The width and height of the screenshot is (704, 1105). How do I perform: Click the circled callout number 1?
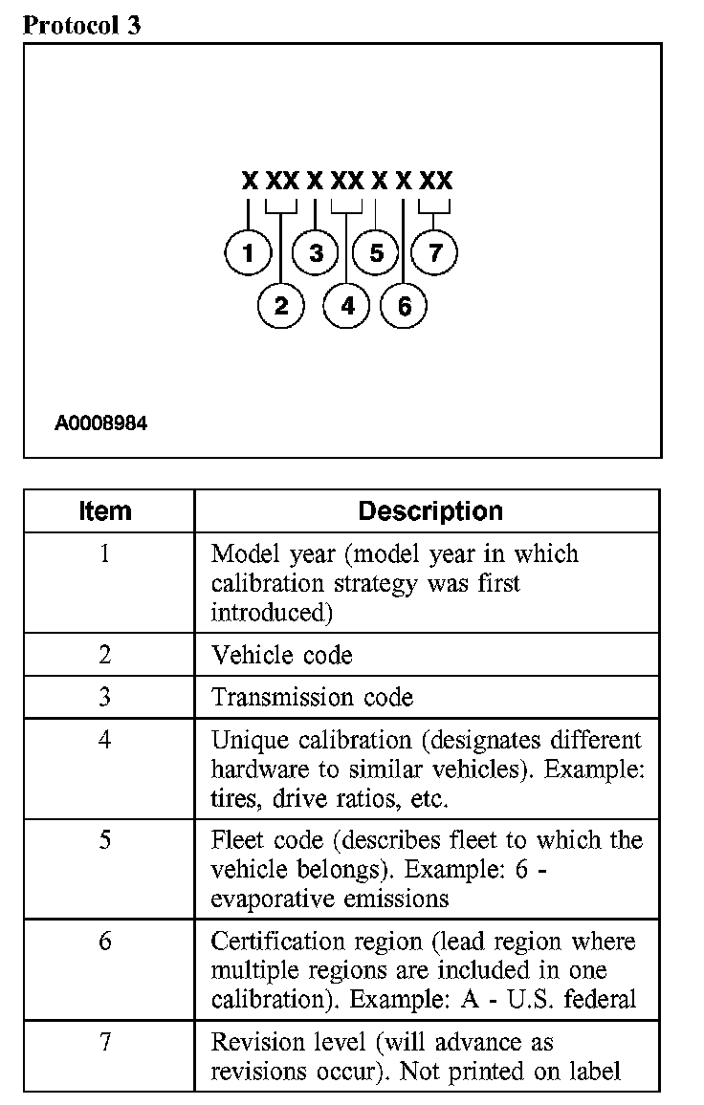click(x=249, y=253)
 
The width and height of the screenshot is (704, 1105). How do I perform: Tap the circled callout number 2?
click(x=281, y=306)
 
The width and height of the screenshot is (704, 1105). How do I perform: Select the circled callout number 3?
click(x=317, y=253)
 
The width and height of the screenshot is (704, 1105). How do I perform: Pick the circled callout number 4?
click(x=347, y=306)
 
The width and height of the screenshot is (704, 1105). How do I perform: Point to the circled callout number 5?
click(x=376, y=253)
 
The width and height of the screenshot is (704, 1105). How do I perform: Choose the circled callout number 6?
click(x=404, y=306)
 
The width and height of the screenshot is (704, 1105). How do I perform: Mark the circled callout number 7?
click(x=435, y=253)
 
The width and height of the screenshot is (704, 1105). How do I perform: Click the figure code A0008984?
click(x=100, y=422)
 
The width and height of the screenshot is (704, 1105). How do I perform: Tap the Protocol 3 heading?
click(x=81, y=25)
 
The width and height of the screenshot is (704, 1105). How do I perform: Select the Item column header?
click(x=105, y=510)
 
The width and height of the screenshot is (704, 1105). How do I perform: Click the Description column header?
click(x=430, y=510)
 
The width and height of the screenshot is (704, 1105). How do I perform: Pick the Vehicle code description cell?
click(x=282, y=655)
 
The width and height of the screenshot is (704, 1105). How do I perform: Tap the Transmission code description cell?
click(x=313, y=697)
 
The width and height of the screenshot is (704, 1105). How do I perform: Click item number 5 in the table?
click(x=105, y=840)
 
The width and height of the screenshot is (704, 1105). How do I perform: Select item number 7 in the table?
click(x=105, y=1041)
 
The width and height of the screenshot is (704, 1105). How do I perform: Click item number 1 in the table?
click(x=105, y=553)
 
